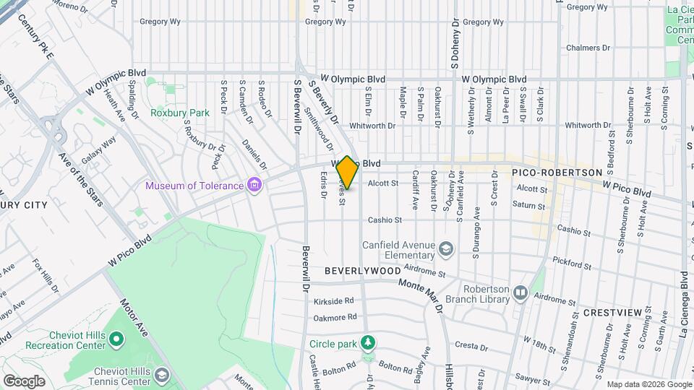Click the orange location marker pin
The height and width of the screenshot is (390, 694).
347,172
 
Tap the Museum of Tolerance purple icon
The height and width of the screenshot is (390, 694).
254,186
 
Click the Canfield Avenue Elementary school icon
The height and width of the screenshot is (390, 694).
446,249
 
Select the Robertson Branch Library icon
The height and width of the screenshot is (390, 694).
520,292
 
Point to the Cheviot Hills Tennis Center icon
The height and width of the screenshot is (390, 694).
163,376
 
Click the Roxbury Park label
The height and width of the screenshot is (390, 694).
179,113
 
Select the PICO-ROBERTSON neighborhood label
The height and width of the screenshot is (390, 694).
557,173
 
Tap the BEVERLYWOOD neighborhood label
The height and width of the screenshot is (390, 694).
362,270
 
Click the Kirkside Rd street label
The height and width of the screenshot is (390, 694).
334,300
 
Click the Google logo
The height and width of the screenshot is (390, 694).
24,381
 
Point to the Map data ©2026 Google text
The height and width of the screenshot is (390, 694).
648,384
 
